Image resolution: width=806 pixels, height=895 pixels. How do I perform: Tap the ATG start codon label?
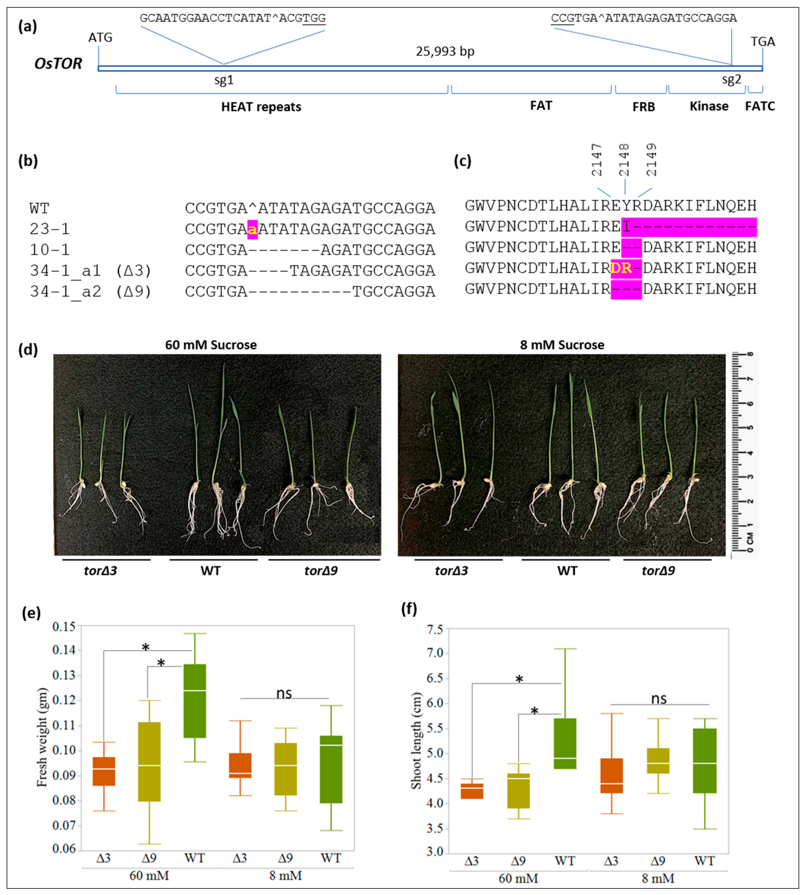[100, 38]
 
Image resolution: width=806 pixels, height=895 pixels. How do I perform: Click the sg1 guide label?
[224, 80]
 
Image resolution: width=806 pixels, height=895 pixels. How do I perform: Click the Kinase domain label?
[709, 106]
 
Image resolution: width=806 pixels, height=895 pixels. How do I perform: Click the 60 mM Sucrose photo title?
[211, 345]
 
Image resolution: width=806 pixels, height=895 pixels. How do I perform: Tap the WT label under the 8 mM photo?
[567, 571]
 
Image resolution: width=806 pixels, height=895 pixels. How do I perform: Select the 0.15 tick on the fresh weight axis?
[64, 627]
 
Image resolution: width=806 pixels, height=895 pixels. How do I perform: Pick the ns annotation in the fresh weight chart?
[284, 693]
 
